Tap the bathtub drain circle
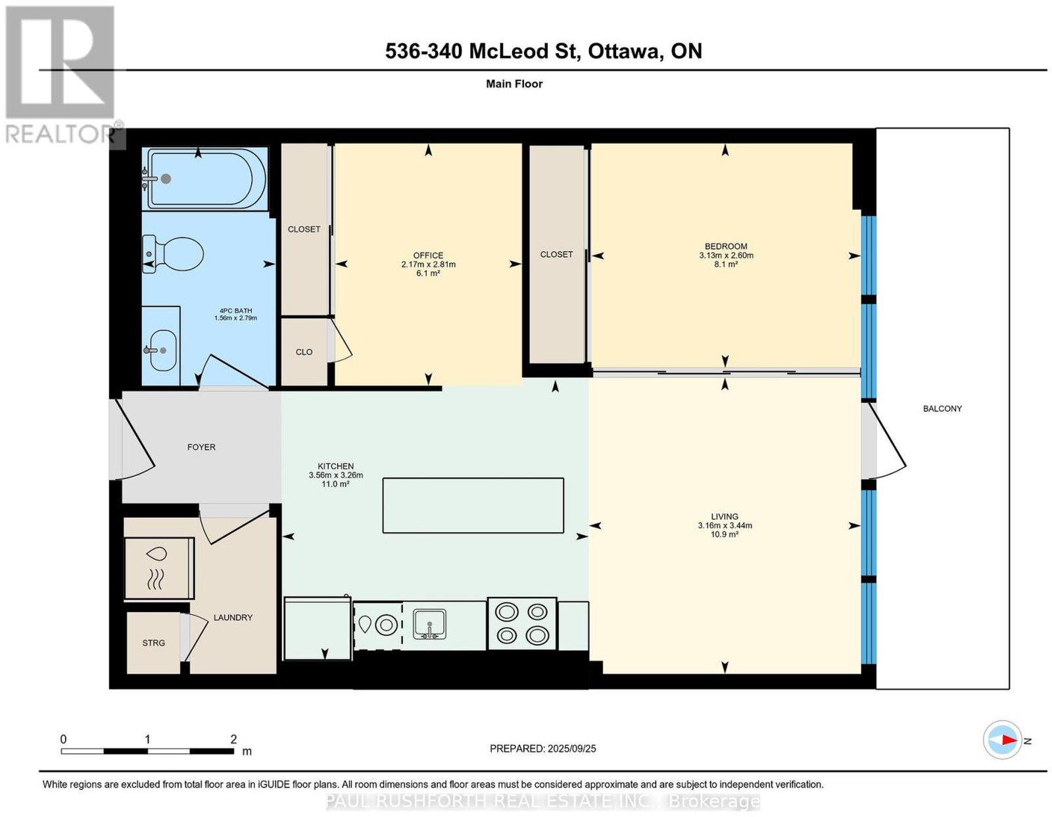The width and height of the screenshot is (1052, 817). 166,179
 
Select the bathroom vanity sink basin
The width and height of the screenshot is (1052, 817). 162,350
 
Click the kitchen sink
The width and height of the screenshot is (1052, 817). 429,624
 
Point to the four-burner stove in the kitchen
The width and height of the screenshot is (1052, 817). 522,624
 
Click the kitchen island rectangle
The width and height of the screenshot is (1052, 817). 473,505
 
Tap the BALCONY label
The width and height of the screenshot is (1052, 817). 942,409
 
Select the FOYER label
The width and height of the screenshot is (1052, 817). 201,448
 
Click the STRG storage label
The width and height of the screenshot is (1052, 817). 153,643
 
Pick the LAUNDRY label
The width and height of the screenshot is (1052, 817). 233,618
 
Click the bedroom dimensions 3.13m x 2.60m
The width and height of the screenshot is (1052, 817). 726,256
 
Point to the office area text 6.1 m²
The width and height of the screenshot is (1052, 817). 428,273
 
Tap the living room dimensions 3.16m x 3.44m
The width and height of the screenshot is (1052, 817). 725,525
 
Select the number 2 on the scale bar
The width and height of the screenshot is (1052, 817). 234,739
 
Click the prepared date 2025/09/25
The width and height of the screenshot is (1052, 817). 571,749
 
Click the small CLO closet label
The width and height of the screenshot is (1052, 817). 304,352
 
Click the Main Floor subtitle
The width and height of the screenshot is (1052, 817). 514,83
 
